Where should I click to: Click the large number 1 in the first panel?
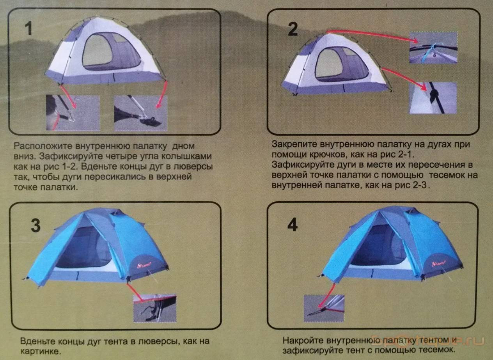coord(29,28)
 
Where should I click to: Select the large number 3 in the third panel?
coord(36,225)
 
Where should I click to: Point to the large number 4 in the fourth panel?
coord(293,225)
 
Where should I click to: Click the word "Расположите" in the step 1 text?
coord(43,147)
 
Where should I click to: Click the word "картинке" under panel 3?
coord(40,351)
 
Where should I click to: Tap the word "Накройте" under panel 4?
coord(303,340)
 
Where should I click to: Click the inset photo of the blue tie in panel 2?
coord(433,48)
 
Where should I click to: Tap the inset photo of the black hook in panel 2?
coord(433,98)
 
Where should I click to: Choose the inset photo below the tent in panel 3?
coord(155,308)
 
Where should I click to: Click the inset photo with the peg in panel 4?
coord(324,308)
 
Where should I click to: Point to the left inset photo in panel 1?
coord(73,113)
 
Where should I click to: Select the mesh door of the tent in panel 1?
coord(112,52)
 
